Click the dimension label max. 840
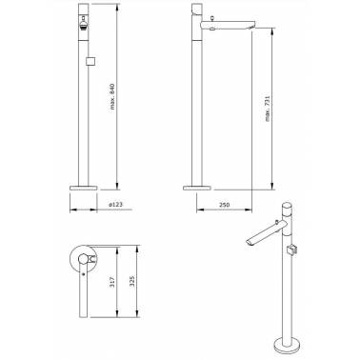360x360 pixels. [x=112, y=96]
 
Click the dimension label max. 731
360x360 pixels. [x=267, y=109]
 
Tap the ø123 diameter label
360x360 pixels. [x=115, y=205]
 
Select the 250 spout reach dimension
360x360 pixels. [x=224, y=205]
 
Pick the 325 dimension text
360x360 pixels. [x=132, y=281]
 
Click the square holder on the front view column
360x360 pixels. [x=91, y=61]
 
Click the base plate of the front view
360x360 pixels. [x=84, y=188]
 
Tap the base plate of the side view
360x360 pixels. [x=197, y=188]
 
